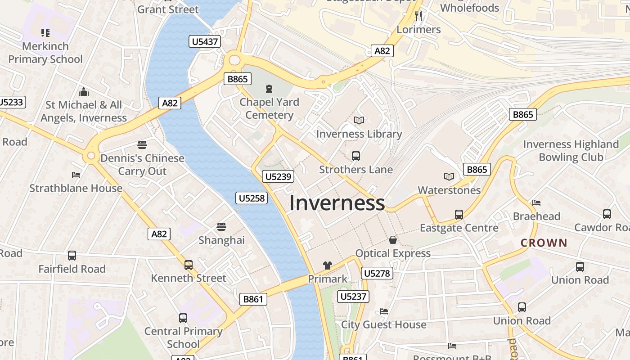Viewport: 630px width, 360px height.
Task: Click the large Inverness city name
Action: [x=337, y=203]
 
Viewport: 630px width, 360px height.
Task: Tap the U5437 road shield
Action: [x=205, y=42]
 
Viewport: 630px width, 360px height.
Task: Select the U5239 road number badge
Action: [x=279, y=177]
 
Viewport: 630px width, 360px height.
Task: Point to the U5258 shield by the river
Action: [x=252, y=198]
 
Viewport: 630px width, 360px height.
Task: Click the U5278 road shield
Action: [x=377, y=273]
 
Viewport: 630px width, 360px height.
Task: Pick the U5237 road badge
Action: [x=354, y=296]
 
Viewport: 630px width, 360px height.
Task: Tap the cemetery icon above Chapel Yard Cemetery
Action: [x=269, y=88]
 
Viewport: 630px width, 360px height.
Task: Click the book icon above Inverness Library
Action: [x=359, y=120]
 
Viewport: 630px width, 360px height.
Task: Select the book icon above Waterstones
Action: [x=449, y=176]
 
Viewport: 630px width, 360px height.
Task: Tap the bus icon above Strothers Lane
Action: [x=355, y=156]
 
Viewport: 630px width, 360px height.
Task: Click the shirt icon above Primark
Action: [x=328, y=265]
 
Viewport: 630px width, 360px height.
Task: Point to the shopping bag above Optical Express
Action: [x=393, y=240]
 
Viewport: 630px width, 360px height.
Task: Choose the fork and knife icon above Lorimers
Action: [x=418, y=16]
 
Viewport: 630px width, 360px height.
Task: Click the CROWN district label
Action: [x=544, y=243]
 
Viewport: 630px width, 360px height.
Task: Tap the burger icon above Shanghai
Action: [x=221, y=226]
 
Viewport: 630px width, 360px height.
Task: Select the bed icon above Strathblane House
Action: [x=76, y=175]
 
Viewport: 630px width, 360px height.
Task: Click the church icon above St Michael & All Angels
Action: [x=84, y=92]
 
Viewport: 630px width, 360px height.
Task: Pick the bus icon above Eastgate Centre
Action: [x=459, y=215]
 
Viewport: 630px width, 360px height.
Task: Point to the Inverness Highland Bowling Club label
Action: [x=571, y=151]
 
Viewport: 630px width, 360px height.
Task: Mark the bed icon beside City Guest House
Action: [x=384, y=311]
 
